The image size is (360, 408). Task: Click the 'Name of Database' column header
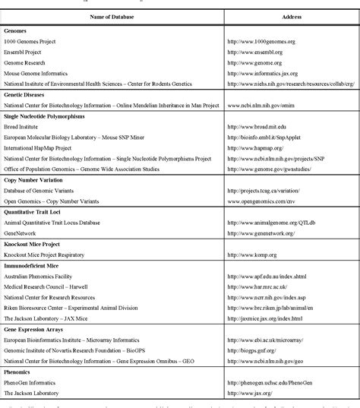pos(112,16)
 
